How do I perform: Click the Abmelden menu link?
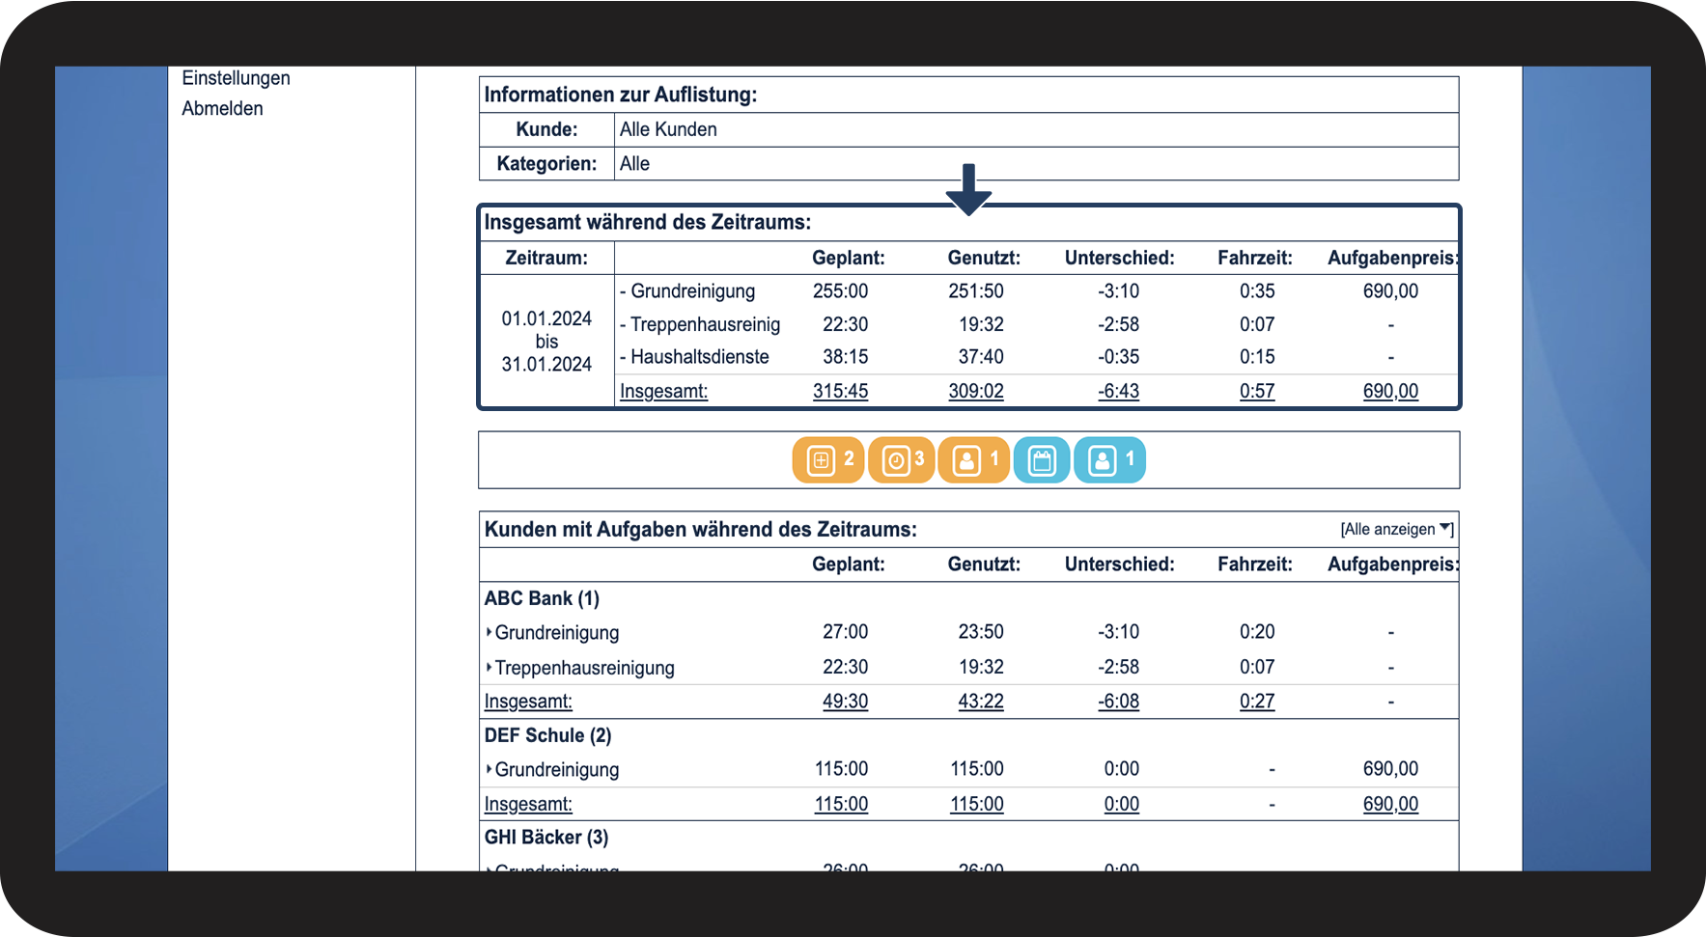222,108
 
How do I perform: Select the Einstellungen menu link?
236,78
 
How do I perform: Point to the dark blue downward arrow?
968,188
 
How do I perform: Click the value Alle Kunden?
668,129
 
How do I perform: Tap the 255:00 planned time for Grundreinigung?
840,291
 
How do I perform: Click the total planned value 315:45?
840,391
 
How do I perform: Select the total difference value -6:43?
1118,391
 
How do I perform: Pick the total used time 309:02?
975,391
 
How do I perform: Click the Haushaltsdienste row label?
699,357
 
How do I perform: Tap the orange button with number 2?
828,459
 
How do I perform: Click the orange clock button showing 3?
902,459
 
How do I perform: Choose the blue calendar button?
1042,459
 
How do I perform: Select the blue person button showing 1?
1110,459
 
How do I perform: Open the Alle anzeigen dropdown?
1396,529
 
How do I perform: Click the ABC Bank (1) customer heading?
542,598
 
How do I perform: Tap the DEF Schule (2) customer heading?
547,735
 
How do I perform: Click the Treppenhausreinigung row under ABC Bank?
584,668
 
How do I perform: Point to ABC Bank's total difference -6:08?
1118,702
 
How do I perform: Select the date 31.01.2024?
546,365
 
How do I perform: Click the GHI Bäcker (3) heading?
546,838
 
